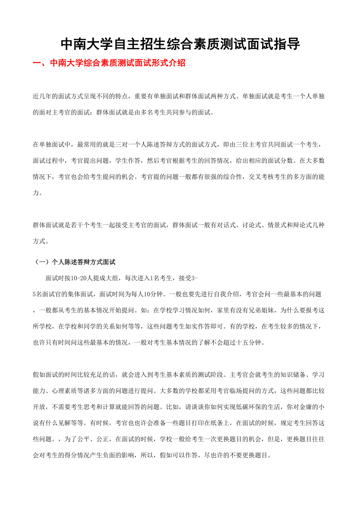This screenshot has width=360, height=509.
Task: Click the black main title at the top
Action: coord(180,45)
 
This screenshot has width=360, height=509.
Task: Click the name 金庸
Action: coord(308,407)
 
